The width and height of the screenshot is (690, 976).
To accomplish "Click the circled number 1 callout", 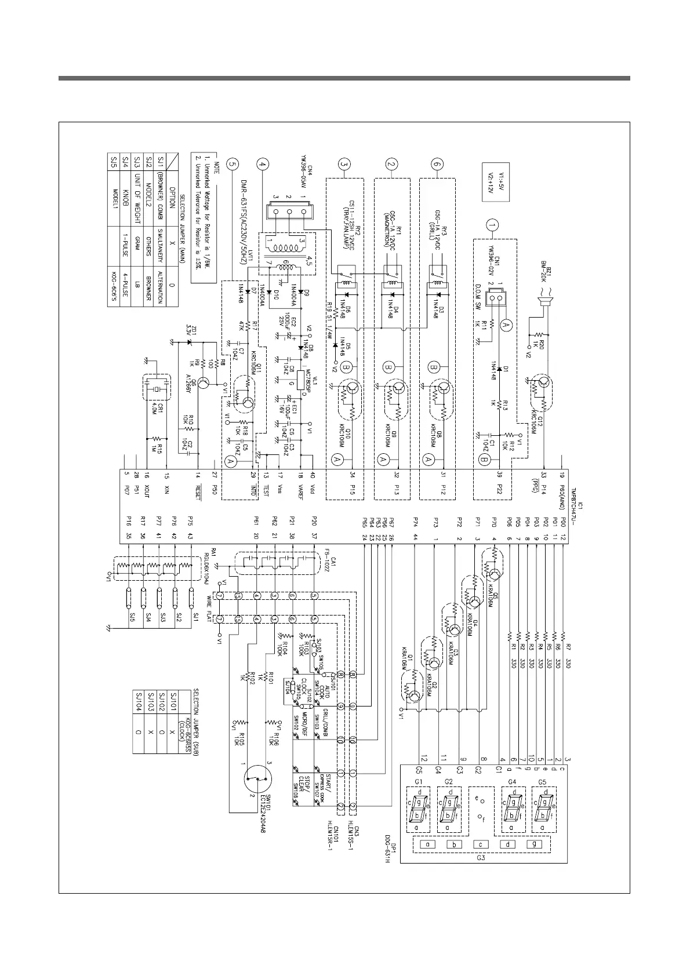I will [x=492, y=225].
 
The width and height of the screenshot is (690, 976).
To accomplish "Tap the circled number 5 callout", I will [x=233, y=164].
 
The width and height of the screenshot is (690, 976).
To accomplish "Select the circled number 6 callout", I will [x=438, y=164].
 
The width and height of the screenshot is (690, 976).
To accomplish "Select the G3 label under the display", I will [x=480, y=857].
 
